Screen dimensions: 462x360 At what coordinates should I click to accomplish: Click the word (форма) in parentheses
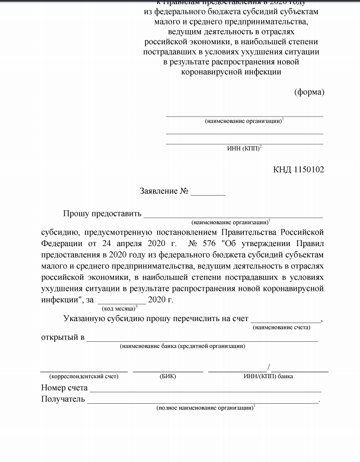pos(309,92)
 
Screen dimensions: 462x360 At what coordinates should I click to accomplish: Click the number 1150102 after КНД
pos(309,170)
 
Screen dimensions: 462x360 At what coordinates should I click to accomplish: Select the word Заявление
pos(159,191)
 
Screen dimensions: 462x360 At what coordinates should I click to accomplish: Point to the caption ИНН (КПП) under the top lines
pos(244,149)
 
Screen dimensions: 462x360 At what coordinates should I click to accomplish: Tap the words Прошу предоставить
pos(102,213)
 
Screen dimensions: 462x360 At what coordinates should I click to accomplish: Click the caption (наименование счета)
pos(281,327)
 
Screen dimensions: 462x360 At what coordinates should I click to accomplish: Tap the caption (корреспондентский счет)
pos(84,376)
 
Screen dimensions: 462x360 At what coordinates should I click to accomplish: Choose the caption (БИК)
pos(168,376)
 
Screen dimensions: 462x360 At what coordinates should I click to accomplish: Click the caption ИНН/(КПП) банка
pos(268,376)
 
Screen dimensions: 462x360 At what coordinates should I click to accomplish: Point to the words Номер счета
pos(64,388)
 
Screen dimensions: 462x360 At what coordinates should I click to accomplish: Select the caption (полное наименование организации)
pos(205,408)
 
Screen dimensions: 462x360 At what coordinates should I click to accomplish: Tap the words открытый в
pos(62,337)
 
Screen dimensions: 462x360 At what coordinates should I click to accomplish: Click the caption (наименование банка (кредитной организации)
pos(182,346)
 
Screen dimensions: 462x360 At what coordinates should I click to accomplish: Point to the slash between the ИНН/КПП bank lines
pos(269,367)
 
